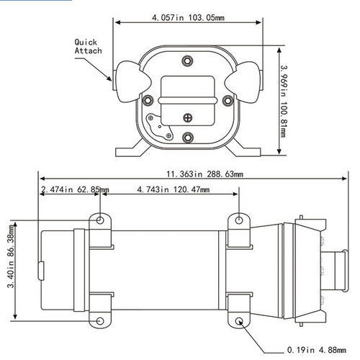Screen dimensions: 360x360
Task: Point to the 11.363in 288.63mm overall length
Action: [x=205, y=174]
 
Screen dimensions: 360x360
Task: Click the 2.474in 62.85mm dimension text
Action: [x=75, y=189]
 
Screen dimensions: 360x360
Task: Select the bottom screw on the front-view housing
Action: [x=186, y=136]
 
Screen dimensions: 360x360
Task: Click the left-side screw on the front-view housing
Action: [x=147, y=99]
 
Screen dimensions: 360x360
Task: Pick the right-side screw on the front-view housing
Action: [x=226, y=99]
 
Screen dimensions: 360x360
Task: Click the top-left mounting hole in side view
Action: [x=101, y=219]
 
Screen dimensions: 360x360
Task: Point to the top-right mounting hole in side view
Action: [x=239, y=219]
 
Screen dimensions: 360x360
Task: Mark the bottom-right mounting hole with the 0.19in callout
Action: [x=239, y=322]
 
